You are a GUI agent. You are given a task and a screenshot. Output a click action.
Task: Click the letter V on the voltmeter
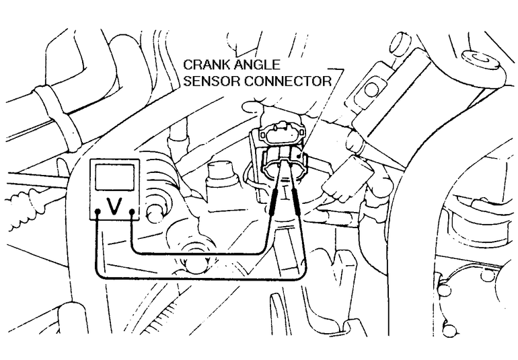click(x=114, y=206)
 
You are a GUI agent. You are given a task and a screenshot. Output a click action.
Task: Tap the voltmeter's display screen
click(x=114, y=177)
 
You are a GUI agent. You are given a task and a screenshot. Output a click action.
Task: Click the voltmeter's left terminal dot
click(x=97, y=211)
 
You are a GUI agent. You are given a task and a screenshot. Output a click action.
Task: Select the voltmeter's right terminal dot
click(x=132, y=211)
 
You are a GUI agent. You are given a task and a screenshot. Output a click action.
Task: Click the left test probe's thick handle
click(x=274, y=203)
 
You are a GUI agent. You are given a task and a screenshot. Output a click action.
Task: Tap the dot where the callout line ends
click(x=299, y=156)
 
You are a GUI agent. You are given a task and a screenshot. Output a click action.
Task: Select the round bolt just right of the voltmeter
click(x=155, y=213)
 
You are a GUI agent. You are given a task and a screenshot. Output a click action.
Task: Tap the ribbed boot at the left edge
click(x=22, y=209)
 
